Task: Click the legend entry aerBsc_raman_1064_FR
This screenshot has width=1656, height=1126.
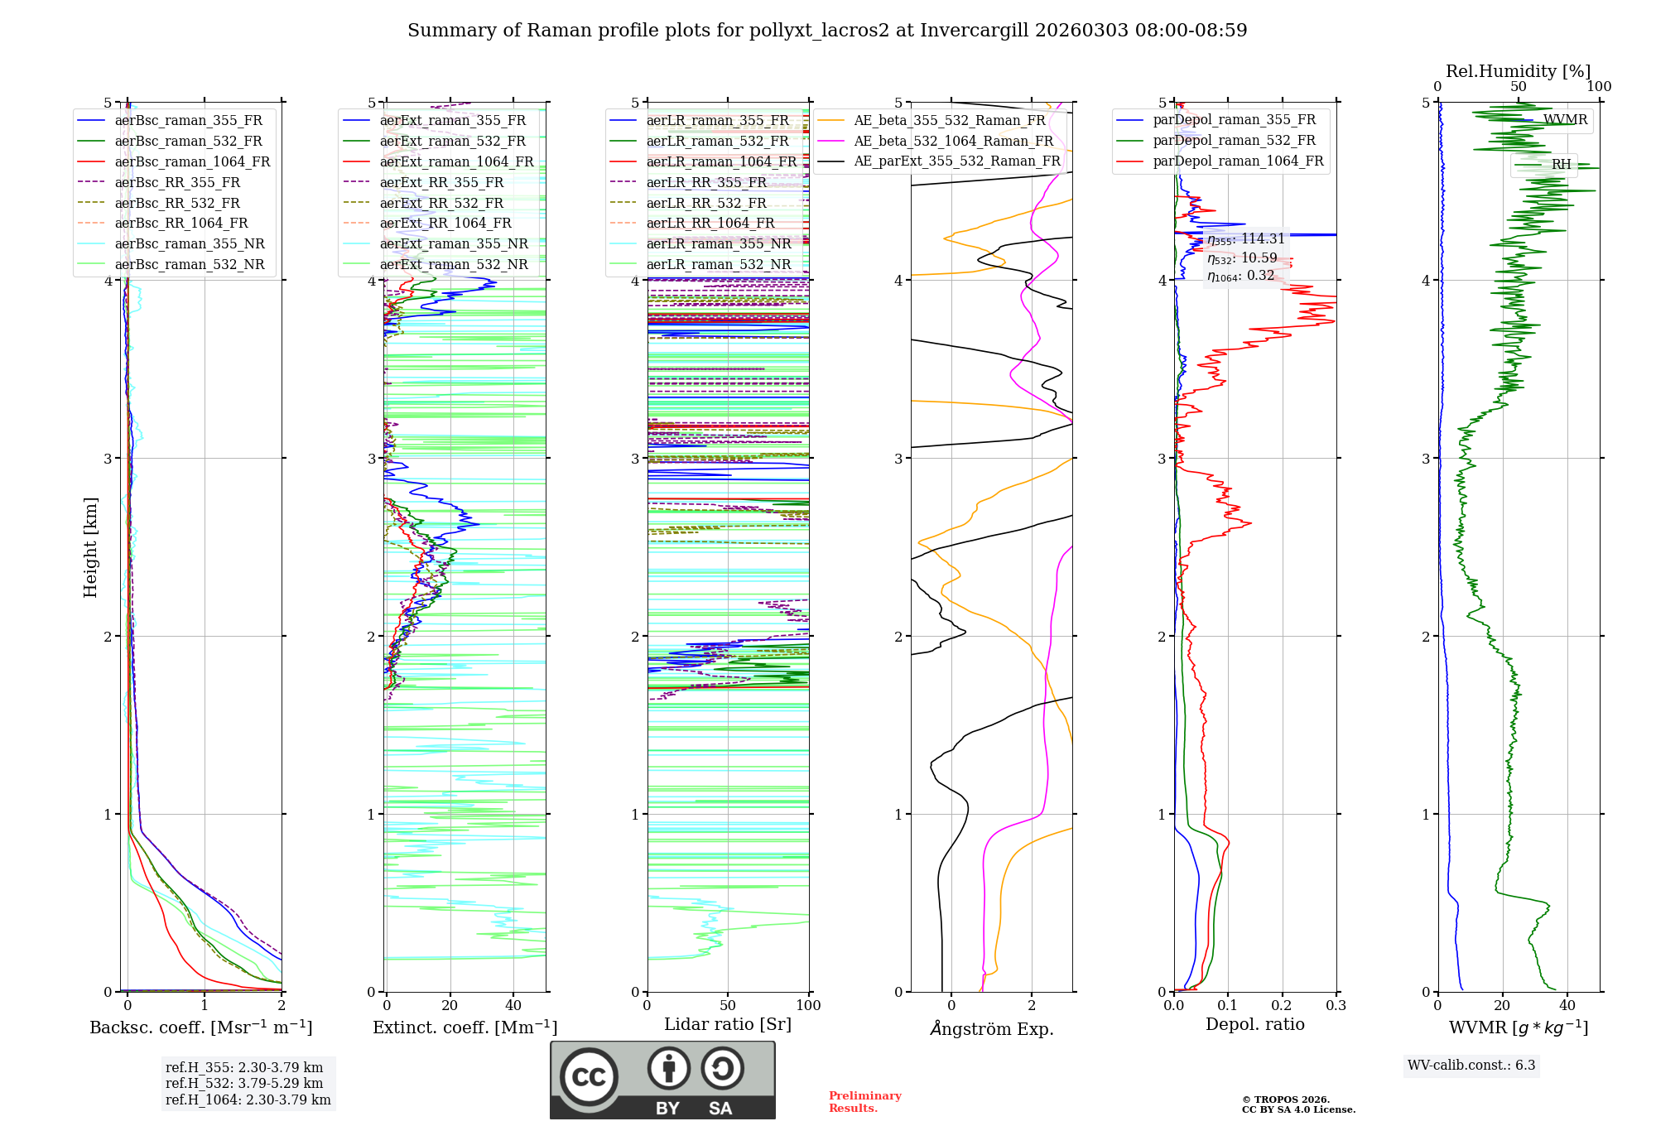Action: tap(192, 161)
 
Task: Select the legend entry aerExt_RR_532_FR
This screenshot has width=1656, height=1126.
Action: tap(441, 203)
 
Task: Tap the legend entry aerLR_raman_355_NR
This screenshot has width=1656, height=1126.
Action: tap(719, 243)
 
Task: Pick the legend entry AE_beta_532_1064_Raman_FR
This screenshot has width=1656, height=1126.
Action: tap(953, 141)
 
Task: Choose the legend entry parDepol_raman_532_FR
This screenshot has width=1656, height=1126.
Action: tap(1234, 141)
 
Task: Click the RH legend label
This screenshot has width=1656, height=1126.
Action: tap(1561, 164)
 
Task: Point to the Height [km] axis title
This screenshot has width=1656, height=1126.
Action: tap(90, 547)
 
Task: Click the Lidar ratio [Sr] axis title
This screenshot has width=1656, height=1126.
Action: tap(728, 1024)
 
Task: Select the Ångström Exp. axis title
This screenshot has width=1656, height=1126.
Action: tap(992, 1028)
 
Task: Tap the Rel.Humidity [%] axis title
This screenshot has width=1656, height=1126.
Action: tap(1518, 71)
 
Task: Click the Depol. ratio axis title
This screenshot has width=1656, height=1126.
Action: tap(1254, 1024)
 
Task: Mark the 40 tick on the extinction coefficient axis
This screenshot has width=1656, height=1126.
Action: tap(513, 1005)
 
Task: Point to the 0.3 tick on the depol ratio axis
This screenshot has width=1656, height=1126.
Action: tap(1336, 1005)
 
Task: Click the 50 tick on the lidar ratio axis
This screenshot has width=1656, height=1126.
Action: tap(728, 1005)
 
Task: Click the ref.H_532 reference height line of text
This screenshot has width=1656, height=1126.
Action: tap(244, 1083)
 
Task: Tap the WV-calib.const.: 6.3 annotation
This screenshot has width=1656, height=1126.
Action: tap(1471, 1065)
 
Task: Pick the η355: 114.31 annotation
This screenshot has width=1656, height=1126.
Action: tap(1246, 239)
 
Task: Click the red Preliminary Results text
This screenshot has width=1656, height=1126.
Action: tap(864, 1101)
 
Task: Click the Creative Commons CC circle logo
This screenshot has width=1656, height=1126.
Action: tap(589, 1076)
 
